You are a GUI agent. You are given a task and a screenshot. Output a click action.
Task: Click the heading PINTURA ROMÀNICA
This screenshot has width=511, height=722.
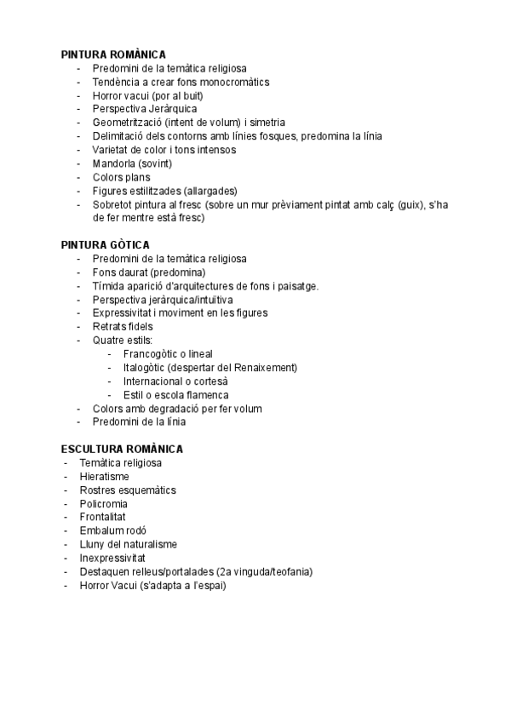point(113,54)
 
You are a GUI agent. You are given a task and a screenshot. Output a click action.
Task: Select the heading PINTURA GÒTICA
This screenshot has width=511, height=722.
point(105,245)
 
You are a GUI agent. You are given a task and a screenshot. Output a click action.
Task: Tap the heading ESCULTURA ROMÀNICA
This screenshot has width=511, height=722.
point(122,449)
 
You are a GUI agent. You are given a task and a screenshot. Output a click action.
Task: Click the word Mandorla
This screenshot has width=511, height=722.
point(112,163)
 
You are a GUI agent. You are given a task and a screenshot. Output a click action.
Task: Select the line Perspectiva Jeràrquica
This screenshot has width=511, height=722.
point(145,109)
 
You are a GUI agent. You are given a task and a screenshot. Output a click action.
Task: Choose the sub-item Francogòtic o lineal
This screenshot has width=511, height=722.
point(168,354)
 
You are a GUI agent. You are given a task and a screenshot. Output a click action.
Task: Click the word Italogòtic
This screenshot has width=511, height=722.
point(143,368)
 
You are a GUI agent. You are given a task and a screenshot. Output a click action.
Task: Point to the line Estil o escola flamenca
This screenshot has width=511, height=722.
point(175,395)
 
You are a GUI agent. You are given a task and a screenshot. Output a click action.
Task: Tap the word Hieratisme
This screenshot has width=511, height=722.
point(104,477)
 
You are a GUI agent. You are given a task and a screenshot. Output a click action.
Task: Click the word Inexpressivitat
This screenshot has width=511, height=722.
point(112,558)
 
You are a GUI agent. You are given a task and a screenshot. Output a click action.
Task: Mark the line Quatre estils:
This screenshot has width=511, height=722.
point(122,341)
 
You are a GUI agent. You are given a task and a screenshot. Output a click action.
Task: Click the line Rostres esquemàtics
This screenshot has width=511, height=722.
point(128,490)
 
